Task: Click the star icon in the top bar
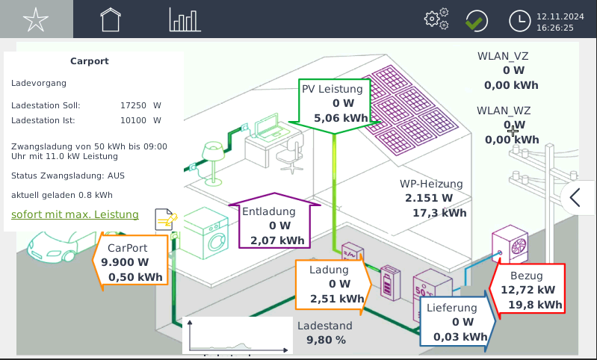pos(35,19)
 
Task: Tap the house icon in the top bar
pos(111,19)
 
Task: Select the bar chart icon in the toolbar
pos(185,19)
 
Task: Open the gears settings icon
pos(436,19)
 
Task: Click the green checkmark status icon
pos(474,20)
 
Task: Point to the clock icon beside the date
pos(519,20)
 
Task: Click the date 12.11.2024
pos(555,15)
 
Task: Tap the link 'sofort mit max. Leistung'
pos(75,215)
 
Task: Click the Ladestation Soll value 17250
pos(133,105)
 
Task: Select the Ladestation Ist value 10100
pos(133,120)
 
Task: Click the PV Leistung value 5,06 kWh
pos(341,118)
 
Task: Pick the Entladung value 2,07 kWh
pos(278,240)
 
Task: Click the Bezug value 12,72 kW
pos(528,290)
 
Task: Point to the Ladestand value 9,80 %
pos(326,340)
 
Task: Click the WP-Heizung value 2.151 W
pos(429,198)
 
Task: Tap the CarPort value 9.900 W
pos(126,262)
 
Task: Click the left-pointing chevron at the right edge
pos(575,198)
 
